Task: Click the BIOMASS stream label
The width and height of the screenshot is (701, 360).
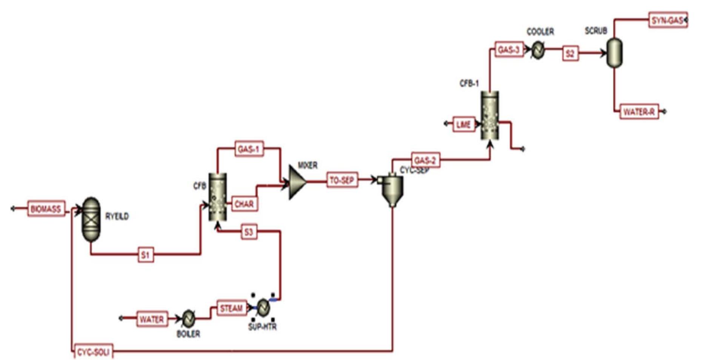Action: pos(46,209)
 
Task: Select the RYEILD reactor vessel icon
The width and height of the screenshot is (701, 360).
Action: pos(91,219)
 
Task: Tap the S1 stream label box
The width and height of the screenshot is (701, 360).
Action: pos(146,255)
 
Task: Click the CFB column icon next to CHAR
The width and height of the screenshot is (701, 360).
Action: pos(217,197)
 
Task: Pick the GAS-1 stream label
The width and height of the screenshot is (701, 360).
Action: pos(249,149)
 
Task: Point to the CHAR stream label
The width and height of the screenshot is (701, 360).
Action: pos(244,204)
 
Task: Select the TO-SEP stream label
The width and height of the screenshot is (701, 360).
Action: pos(342,180)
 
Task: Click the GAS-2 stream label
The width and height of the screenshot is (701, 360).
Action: pos(425,160)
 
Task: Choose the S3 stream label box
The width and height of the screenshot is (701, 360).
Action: pos(249,232)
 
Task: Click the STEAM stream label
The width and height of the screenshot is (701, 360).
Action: pos(231,308)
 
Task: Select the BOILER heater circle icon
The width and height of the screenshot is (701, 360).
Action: pos(188,319)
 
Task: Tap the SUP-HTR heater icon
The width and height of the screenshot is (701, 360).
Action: pos(263,308)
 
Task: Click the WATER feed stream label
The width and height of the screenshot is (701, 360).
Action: pos(152,319)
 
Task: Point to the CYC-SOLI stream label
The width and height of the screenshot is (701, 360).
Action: pos(93,352)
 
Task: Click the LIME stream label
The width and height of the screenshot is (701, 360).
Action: pos(463,125)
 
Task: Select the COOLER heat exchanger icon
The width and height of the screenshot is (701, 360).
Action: pos(538,50)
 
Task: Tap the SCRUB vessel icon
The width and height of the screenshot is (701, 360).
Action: pos(614,53)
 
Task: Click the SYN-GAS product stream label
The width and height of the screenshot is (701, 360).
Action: pos(667,20)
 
